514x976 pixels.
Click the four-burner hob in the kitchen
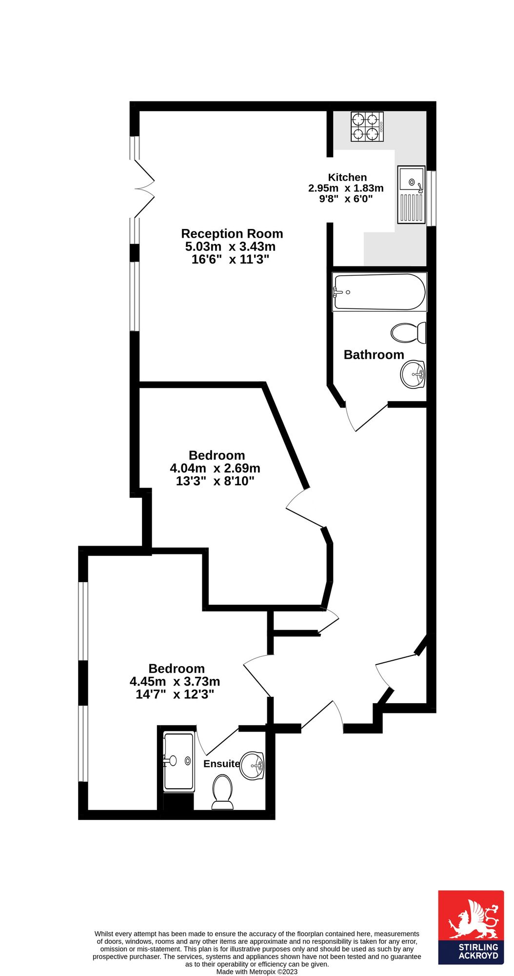coord(367,126)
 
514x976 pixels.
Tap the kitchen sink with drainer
coord(412,195)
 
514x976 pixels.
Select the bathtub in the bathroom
coord(379,292)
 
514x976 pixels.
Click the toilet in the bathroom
coord(409,333)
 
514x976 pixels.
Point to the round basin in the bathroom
coord(413,374)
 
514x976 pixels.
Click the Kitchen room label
coord(347,177)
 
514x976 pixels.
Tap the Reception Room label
coord(232,234)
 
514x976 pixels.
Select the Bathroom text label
coord(374,355)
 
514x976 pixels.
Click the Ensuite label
coord(221,764)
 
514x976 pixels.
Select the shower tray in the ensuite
coord(178,762)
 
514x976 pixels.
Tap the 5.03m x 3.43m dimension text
coord(230,246)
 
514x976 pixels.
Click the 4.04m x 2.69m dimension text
coord(215,468)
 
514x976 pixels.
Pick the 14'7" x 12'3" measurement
coord(175,694)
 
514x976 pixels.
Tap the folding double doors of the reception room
coord(144,188)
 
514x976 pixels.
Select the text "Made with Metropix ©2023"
coord(257,971)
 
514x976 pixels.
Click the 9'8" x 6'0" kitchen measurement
coord(346,199)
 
